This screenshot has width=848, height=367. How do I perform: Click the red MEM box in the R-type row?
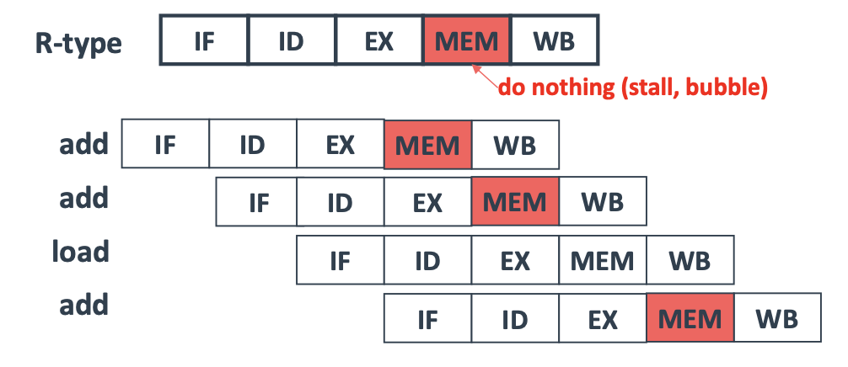tap(466, 40)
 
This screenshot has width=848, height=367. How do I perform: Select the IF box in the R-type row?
tap(204, 40)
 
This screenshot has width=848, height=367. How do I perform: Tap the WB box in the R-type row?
tap(555, 40)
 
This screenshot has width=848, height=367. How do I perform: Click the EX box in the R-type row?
tap(378, 40)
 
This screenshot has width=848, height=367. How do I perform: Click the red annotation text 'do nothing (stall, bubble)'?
tap(632, 88)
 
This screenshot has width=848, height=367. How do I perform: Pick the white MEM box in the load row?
tap(602, 260)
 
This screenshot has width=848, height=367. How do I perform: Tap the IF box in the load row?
tap(340, 260)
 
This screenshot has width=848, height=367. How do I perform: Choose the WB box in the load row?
tap(690, 260)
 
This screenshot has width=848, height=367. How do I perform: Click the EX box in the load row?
tap(514, 260)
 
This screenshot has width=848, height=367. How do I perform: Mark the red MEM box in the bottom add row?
tap(690, 318)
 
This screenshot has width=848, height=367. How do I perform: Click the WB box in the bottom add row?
tap(777, 318)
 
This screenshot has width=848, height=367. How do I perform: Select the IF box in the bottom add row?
tap(427, 318)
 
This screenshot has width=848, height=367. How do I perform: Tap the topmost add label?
tap(84, 143)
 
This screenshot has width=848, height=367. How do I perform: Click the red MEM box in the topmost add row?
tap(427, 144)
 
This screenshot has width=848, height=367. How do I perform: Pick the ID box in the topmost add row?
tap(252, 144)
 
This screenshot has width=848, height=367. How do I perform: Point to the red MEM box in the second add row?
tap(514, 202)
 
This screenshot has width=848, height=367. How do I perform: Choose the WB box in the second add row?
tap(602, 202)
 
